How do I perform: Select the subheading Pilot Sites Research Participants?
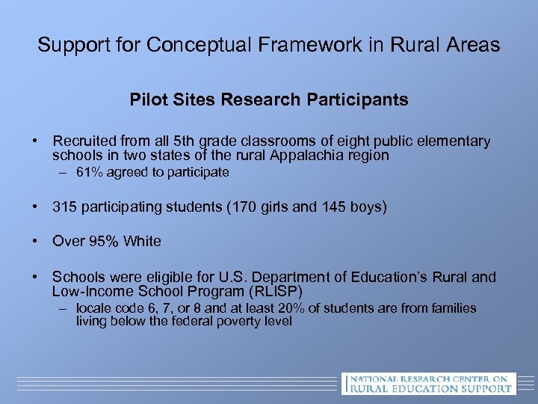point(269,100)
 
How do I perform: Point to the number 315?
point(64,206)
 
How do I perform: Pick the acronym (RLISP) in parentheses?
point(276,291)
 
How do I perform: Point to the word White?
point(142,241)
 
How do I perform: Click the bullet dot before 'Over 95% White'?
point(35,241)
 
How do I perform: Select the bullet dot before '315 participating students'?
point(35,206)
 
